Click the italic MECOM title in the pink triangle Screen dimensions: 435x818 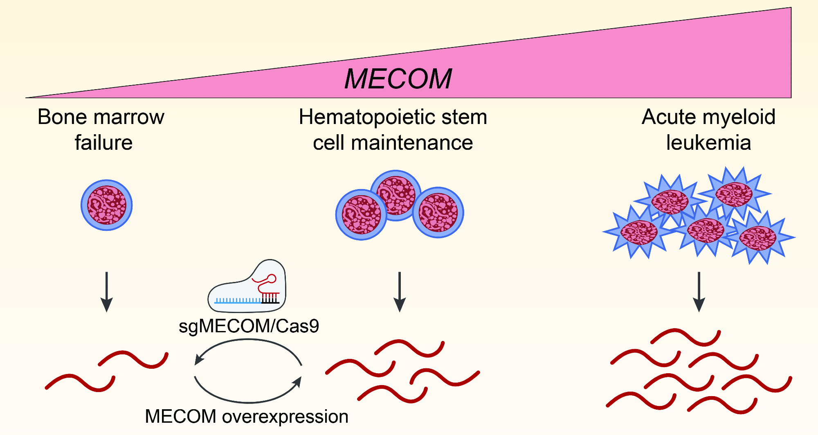click(398, 79)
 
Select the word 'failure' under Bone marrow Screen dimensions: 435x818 click(103, 143)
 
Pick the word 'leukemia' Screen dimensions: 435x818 click(708, 143)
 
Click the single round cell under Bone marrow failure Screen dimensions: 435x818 click(106, 205)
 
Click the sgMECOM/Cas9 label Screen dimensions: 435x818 click(249, 326)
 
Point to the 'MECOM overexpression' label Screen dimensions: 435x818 click(247, 417)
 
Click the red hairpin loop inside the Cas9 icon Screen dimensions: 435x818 click(271, 279)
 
